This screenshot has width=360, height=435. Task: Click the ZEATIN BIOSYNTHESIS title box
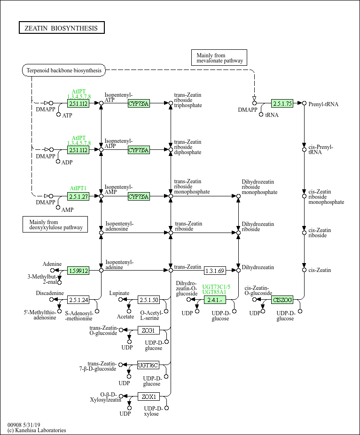point(61,28)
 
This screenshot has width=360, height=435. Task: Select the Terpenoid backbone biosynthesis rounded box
point(64,70)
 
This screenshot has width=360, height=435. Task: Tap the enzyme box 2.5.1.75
point(282,103)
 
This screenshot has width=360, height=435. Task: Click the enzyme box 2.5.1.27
point(78,196)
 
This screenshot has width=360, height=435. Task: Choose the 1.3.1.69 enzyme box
point(215,271)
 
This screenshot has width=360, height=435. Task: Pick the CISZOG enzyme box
point(282,299)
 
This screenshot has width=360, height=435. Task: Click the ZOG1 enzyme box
point(149,330)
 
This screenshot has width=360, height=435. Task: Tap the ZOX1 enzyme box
point(149,397)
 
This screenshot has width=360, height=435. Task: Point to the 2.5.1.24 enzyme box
point(78,299)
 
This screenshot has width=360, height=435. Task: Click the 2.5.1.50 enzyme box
point(149,299)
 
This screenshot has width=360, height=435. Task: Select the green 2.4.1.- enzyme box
point(215,299)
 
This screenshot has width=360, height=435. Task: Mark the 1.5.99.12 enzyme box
point(78,271)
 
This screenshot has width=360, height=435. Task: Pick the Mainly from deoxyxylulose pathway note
point(55,225)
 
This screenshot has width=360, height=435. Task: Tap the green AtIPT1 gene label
point(78,188)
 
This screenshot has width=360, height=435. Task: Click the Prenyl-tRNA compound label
point(323,104)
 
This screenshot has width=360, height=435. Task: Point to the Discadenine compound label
point(50,293)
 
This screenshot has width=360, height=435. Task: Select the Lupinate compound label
point(119,293)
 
